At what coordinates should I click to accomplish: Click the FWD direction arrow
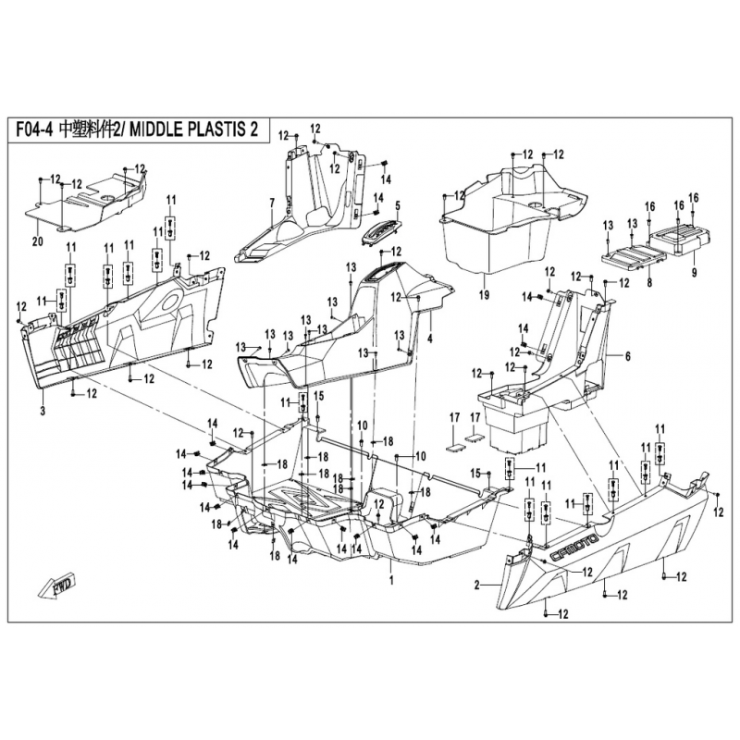coord(56,586)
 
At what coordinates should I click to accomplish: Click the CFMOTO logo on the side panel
coord(574,548)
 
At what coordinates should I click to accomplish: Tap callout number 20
coord(37,242)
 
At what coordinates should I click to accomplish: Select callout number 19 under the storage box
coord(484,295)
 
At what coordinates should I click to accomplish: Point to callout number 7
coord(272,203)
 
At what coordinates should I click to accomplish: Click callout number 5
coord(398,205)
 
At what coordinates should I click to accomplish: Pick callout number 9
coord(694,272)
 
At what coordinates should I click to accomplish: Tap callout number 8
coord(649,283)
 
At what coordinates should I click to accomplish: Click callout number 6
coord(628,357)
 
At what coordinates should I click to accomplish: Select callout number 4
coord(430,339)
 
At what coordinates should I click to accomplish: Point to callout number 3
coord(43,411)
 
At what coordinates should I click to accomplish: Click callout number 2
coord(476,586)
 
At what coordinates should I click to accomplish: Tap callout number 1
coord(391,580)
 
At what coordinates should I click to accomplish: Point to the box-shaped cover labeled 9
coord(680,239)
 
